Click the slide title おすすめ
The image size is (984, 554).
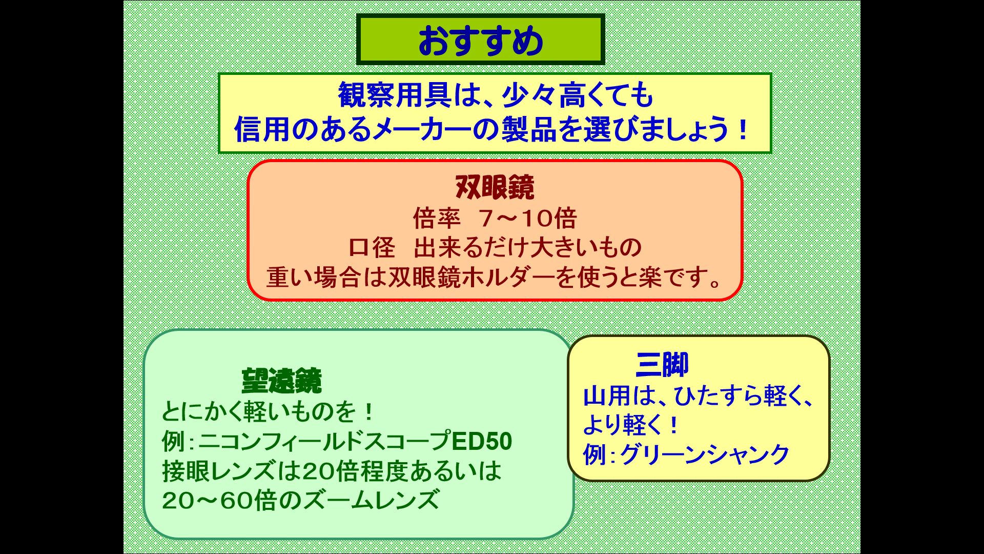[x=480, y=41]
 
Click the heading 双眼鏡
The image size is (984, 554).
[x=495, y=187]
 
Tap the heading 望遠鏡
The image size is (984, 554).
[x=281, y=381]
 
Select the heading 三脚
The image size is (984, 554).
[x=662, y=364]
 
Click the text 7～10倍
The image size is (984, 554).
[x=528, y=219]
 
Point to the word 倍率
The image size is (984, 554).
[x=437, y=219]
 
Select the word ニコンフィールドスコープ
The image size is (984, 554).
[x=324, y=442]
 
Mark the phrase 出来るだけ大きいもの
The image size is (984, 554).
[x=527, y=248]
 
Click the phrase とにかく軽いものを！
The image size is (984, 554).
[x=269, y=412]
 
